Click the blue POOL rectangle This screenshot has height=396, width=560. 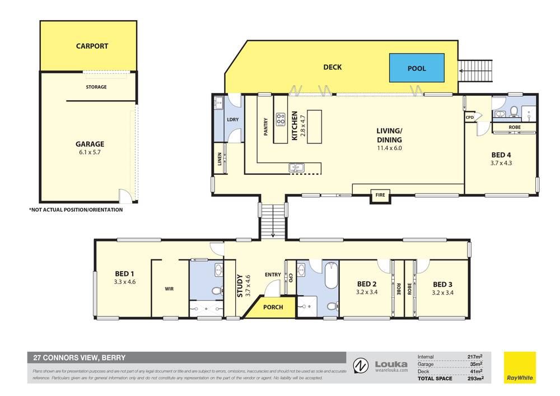[x=417, y=68]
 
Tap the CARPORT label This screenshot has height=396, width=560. [x=92, y=46]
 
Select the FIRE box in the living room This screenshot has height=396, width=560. [x=380, y=195]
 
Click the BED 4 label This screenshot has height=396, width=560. [x=501, y=155]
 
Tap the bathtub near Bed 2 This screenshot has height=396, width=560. [x=329, y=278]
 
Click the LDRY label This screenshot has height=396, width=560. [x=233, y=119]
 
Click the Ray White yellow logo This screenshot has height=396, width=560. [x=519, y=367]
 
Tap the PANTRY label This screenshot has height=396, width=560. [x=266, y=125]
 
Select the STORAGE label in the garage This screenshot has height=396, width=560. [x=96, y=87]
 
